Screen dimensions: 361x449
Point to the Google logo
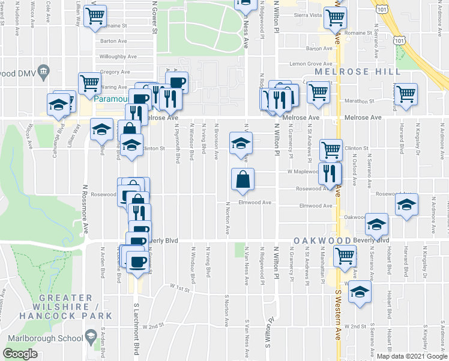20,354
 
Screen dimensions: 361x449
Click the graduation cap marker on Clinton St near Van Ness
240,144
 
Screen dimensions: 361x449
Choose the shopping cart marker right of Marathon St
406,94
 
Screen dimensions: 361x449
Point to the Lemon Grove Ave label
310,63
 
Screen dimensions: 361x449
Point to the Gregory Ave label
115,72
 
